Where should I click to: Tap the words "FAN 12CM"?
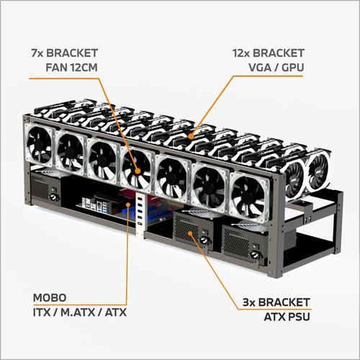coord(78,70)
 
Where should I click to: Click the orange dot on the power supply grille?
coord(189,232)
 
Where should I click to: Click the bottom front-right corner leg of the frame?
coord(273,272)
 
